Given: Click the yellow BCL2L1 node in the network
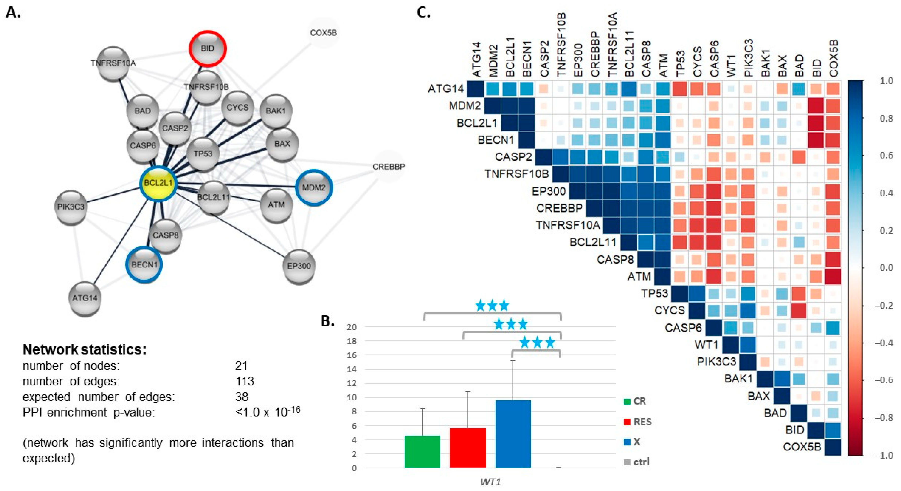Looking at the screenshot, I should tap(158, 183).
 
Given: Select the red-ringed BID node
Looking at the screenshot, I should tap(208, 48).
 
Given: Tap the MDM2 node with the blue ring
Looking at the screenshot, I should tap(314, 188).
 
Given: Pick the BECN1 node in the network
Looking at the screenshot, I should tap(144, 265).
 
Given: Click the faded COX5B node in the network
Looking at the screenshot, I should tap(323, 33).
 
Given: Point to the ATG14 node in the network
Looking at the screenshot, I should tap(85, 298).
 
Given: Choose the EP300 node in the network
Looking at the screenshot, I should tap(299, 266).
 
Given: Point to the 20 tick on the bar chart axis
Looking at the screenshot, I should tap(352, 327).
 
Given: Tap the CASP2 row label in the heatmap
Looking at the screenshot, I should tap(513, 157).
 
